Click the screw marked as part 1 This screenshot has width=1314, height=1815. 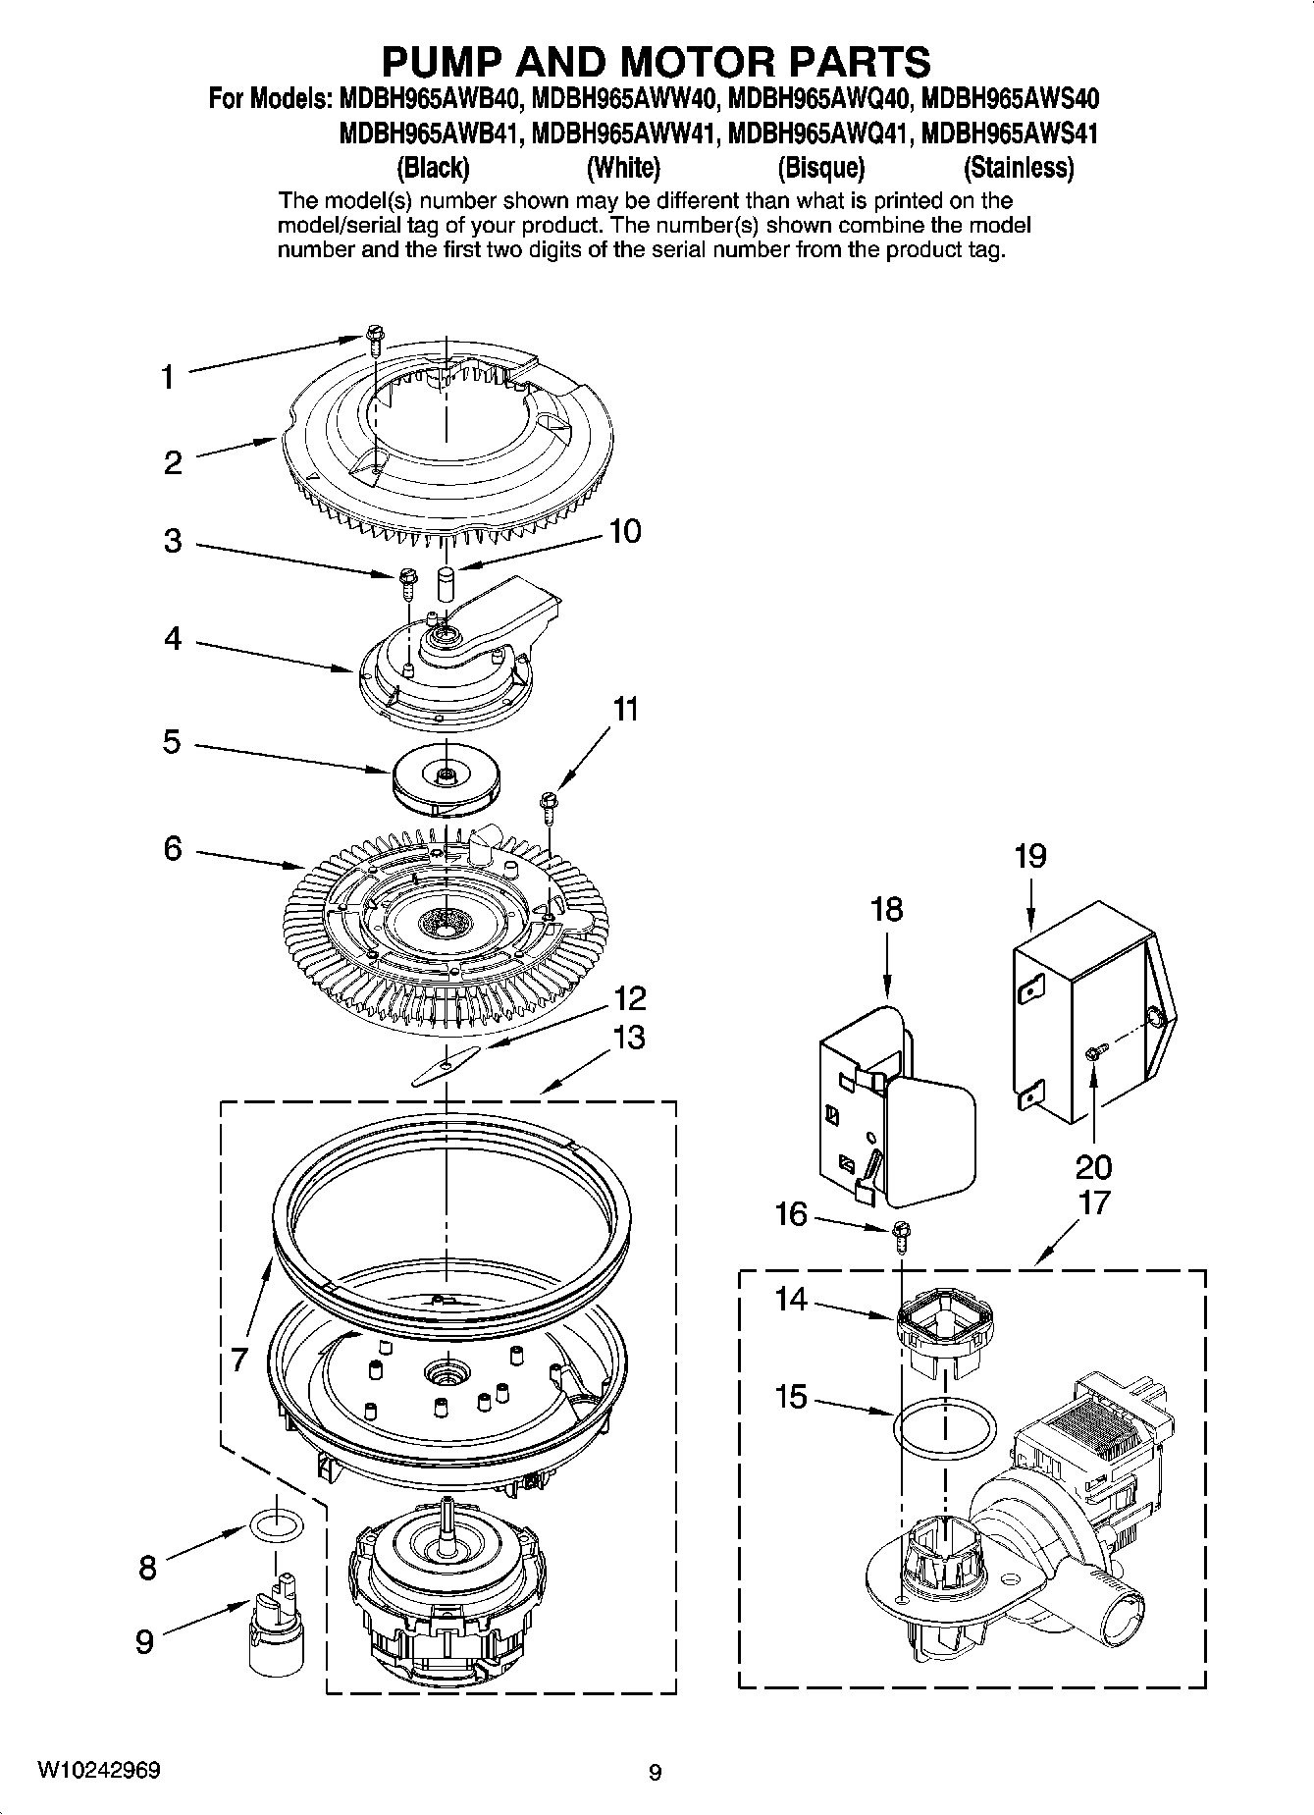tap(375, 340)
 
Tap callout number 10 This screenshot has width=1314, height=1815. tap(624, 531)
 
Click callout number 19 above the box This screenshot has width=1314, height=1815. tap(1029, 857)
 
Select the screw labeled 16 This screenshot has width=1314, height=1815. tap(901, 1232)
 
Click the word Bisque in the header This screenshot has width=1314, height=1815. tap(820, 169)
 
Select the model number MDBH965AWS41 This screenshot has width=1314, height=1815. tap(1010, 133)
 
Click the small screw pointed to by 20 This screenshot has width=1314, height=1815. tap(1093, 1052)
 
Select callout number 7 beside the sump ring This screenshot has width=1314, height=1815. tap(239, 1361)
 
